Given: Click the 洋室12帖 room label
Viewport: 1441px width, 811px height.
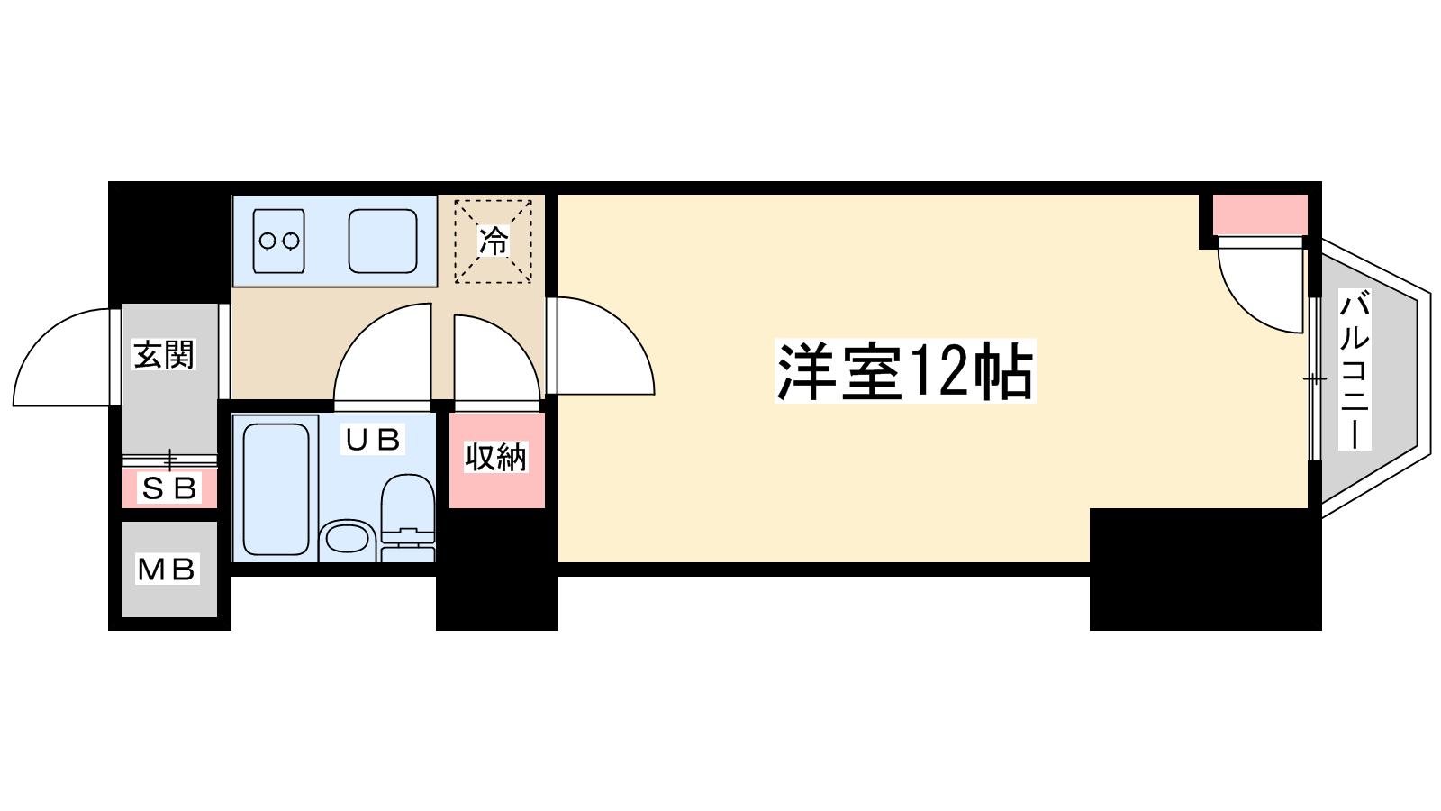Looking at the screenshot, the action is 904,371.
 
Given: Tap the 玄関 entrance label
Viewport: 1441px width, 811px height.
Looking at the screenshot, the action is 164,355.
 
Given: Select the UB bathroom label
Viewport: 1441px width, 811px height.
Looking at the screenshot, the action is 373,439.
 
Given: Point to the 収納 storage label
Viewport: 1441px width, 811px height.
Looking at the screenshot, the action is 496,457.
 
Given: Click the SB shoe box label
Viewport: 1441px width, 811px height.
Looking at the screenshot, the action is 168,488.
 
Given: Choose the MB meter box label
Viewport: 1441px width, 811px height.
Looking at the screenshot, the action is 167,569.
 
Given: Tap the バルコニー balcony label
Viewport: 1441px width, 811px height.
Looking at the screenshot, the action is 1355,369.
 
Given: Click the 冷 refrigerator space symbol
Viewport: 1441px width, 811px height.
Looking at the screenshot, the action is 494,241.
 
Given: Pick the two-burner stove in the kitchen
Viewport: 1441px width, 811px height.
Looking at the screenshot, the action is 278,241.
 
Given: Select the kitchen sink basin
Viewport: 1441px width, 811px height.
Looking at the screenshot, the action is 383,241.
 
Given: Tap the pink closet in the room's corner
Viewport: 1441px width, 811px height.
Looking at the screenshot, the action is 1260,215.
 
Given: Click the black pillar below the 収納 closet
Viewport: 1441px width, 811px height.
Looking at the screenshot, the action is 496,569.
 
